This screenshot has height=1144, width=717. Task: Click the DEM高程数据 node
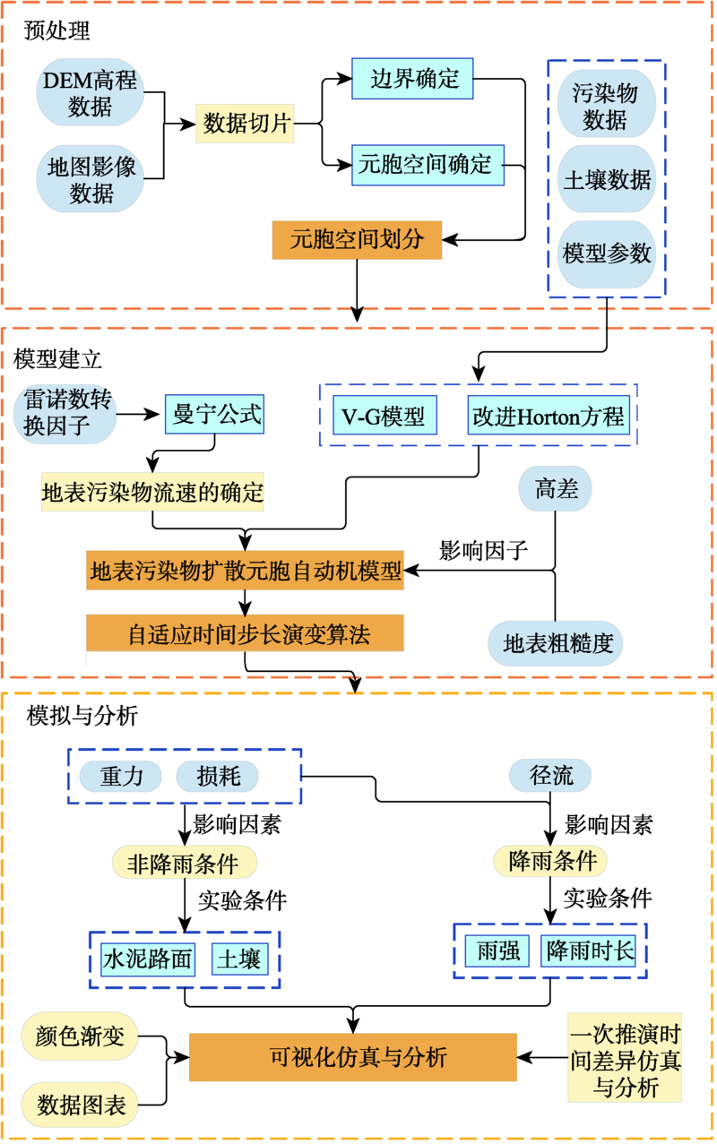pyautogui.click(x=90, y=93)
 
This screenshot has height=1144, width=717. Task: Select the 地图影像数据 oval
pyautogui.click(x=90, y=179)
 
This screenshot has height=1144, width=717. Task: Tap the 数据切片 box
pyautogui.click(x=246, y=124)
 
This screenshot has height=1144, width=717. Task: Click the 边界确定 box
pyautogui.click(x=413, y=79)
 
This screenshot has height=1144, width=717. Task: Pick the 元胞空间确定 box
pyautogui.click(x=427, y=164)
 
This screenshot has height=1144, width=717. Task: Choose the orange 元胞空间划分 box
pyautogui.click(x=357, y=239)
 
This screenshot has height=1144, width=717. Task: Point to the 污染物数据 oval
pyautogui.click(x=605, y=107)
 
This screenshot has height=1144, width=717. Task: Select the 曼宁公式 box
pyautogui.click(x=214, y=415)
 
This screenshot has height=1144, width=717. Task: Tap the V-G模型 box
pyautogui.click(x=383, y=416)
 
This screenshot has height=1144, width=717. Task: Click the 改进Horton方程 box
pyautogui.click(x=547, y=416)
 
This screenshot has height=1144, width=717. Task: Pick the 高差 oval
pyautogui.click(x=555, y=488)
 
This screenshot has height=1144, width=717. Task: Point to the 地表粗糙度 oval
pyautogui.click(x=555, y=642)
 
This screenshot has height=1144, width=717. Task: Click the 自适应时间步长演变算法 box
pyautogui.click(x=245, y=634)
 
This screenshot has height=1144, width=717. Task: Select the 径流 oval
pyautogui.click(x=553, y=774)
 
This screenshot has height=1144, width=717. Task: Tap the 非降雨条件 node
pyautogui.click(x=184, y=864)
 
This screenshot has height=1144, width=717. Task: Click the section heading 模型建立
pyautogui.click(x=57, y=359)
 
